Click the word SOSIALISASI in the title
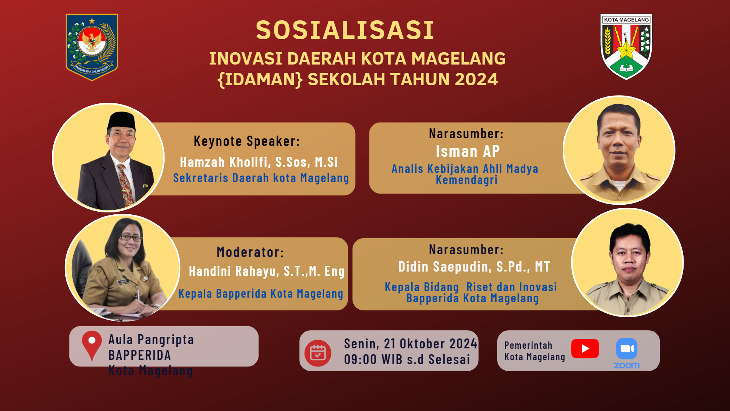click(x=345, y=30)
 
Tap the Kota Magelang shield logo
click(x=626, y=47)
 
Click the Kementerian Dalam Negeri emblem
click(x=92, y=47)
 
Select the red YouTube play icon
click(x=585, y=348)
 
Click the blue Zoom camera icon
click(x=626, y=348)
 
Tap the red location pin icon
click(x=92, y=345)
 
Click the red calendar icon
click(x=318, y=353)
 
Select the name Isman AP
click(x=468, y=151)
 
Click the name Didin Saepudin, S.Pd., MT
click(x=474, y=267)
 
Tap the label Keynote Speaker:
click(x=247, y=141)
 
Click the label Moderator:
click(x=250, y=252)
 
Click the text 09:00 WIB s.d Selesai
click(x=407, y=360)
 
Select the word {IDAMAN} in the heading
click(x=260, y=80)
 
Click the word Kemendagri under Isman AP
click(x=466, y=180)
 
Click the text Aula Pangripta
click(x=151, y=340)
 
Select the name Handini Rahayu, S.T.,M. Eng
click(x=267, y=271)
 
